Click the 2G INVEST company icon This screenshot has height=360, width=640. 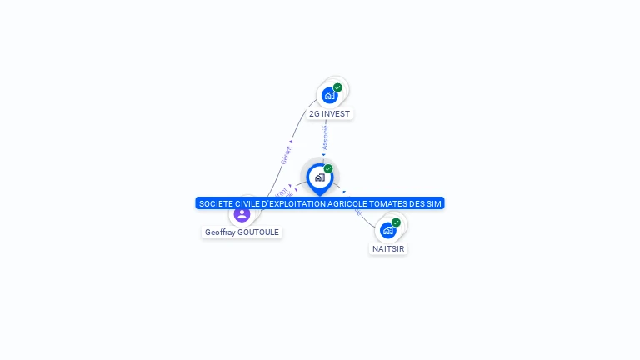330,96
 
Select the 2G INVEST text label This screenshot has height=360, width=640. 330,113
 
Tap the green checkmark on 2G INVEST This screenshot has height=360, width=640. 337,87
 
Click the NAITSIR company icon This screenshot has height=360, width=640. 388,231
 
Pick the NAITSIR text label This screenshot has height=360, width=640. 389,248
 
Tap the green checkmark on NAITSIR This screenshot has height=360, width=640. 396,222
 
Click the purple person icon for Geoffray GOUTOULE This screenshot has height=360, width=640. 242,214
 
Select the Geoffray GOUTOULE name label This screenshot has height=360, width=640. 242,232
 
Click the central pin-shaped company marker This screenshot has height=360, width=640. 319,177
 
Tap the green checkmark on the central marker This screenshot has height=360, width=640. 328,169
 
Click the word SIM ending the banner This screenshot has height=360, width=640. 433,203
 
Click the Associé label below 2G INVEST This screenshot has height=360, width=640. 325,137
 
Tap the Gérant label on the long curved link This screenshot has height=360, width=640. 286,155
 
